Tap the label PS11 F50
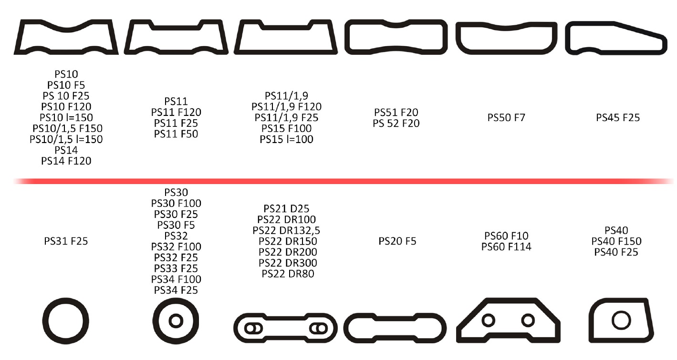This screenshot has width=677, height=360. coord(176,134)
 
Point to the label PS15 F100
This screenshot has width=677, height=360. coord(286,128)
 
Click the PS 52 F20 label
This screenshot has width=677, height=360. coord(396,123)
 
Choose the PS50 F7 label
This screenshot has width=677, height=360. coord(506,117)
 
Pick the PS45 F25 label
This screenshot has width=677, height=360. coord(618,117)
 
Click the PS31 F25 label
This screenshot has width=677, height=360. coord(66,241)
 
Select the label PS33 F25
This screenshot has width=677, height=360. coord(176,268)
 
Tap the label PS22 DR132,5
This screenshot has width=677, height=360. coord(286,230)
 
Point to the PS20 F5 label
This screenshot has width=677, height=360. coord(397,241)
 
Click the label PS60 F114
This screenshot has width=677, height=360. coord(506,247)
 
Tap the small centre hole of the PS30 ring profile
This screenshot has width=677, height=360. coord(176,320)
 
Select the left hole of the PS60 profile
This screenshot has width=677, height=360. coord(488,320)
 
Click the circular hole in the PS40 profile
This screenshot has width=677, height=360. coord(621,320)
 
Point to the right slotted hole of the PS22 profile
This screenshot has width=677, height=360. coord(317,328)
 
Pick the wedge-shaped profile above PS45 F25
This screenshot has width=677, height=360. coord(615,37)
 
